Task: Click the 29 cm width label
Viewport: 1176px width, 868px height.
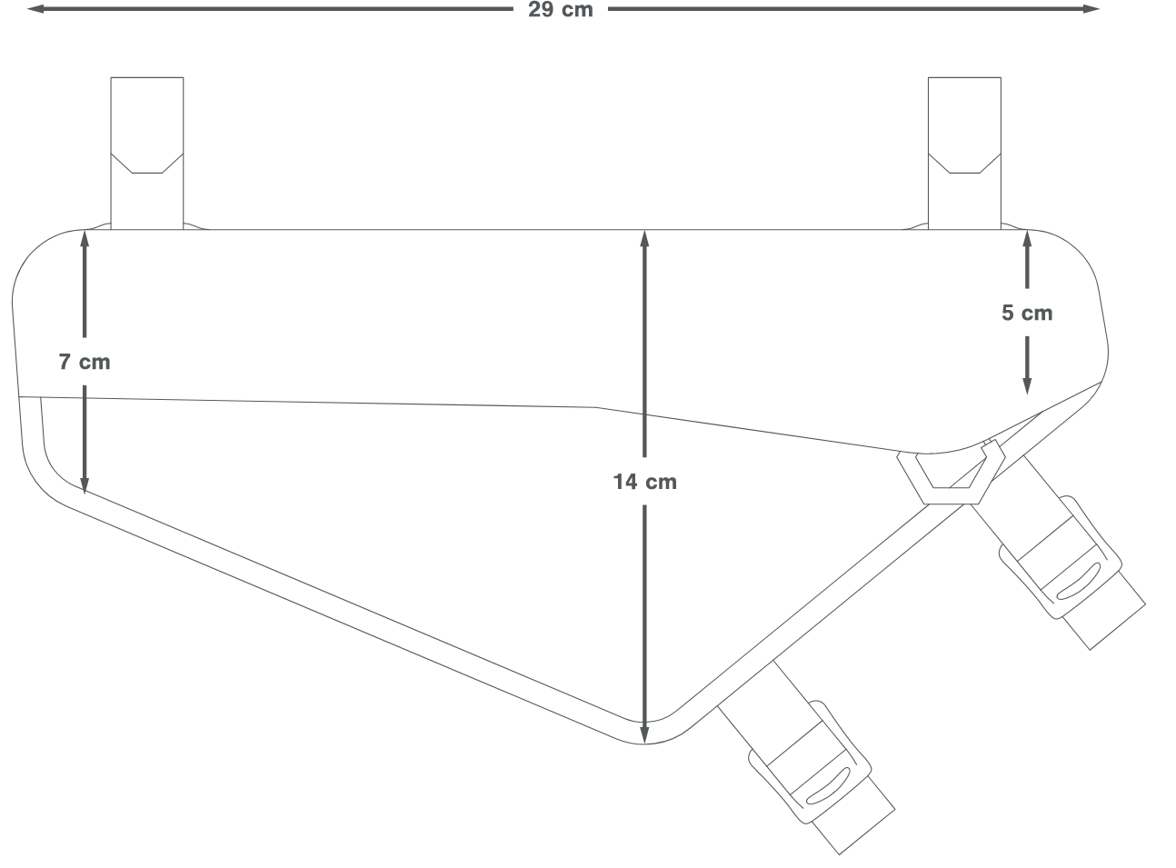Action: tap(560, 10)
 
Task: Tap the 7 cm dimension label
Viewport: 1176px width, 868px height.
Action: tap(85, 362)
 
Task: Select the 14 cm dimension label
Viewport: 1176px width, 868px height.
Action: tap(644, 481)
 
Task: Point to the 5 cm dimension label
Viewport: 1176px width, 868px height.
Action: tap(1027, 313)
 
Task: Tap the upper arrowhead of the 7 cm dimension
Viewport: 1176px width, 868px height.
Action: tap(85, 238)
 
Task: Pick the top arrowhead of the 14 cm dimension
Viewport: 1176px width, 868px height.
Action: tap(644, 238)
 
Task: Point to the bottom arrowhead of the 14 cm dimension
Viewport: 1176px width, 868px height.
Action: tap(644, 735)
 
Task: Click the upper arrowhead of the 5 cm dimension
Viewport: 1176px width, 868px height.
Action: tap(1027, 239)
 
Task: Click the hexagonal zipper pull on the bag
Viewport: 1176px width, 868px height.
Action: tap(950, 477)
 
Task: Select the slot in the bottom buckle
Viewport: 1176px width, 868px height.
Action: tap(826, 785)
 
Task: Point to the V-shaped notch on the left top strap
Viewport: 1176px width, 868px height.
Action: tap(146, 165)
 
